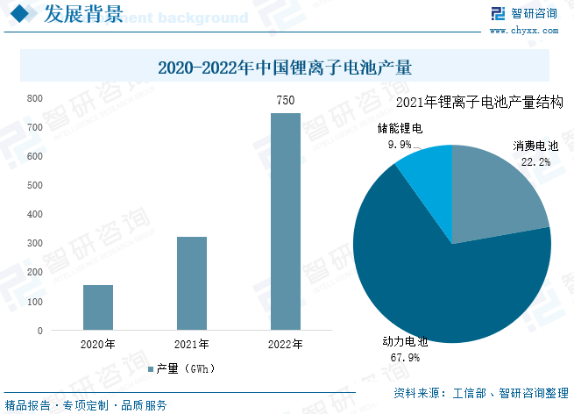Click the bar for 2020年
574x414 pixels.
coord(98,308)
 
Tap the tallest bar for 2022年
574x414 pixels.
coord(285,222)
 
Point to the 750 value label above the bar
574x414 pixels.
coord(285,101)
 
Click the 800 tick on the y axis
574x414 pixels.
coord(34,98)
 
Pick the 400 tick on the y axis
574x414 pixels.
coord(34,215)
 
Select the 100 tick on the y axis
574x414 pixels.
coord(34,302)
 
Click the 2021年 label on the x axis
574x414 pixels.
coord(192,344)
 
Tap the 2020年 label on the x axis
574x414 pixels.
coord(98,344)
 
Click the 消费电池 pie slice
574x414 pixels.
coord(495,193)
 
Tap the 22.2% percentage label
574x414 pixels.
coord(535,162)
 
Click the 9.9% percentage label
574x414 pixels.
coord(400,144)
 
